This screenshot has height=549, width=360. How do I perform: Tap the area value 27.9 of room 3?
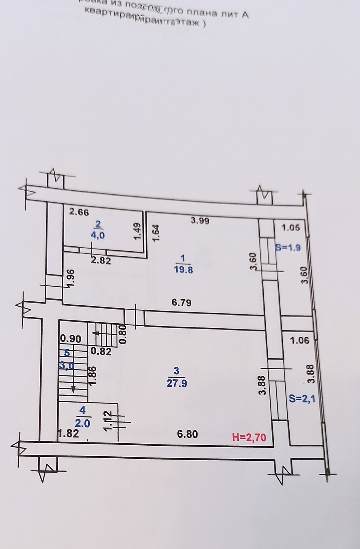click(176, 383)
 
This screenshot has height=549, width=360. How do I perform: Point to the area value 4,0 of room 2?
click(98, 235)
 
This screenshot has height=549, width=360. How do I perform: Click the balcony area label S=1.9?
click(288, 247)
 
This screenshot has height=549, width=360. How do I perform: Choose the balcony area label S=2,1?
click(302, 399)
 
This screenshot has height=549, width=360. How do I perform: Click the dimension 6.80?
click(187, 434)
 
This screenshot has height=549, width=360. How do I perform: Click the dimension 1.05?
click(291, 228)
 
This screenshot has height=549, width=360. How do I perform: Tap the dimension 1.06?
click(299, 341)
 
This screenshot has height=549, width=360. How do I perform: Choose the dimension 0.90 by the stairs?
click(71, 339)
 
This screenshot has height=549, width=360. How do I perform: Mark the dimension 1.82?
click(67, 434)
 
